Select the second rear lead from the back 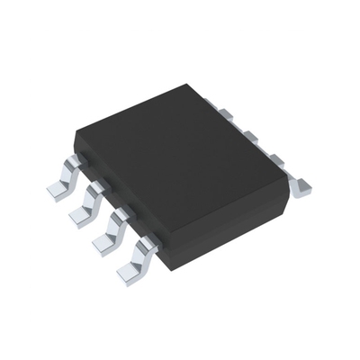[x=249, y=137]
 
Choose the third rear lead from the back [x=275, y=160]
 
